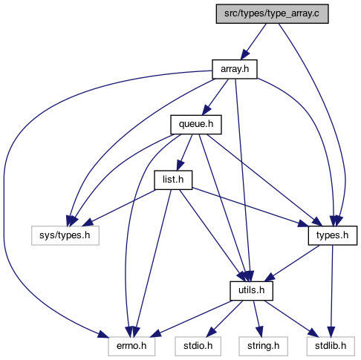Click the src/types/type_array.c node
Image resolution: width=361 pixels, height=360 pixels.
coord(272,14)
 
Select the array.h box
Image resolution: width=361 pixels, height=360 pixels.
coord(235,69)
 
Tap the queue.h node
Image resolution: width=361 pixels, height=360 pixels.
coord(196,125)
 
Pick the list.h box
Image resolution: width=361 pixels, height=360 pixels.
coord(173,180)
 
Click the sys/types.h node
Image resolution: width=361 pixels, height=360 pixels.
coord(65,235)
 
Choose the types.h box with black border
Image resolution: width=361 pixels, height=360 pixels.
coord(333,235)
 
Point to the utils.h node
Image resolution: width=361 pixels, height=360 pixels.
coord(251,291)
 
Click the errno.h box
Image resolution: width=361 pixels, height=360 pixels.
coord(131,346)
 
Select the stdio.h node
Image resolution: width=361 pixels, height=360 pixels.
coord(198,346)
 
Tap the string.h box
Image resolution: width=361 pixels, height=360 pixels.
coord(263,346)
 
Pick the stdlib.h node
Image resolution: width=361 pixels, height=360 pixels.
coord(331,346)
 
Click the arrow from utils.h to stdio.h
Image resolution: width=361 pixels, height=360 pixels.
coord(224,318)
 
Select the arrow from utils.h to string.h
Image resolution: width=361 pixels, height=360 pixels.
coord(257,318)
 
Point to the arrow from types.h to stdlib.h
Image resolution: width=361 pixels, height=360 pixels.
coord(332,291)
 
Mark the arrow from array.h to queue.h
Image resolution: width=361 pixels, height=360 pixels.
coord(215,97)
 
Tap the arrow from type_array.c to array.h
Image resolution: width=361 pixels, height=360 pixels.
coord(253,42)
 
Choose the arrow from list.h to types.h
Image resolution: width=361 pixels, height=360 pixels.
coord(250,207)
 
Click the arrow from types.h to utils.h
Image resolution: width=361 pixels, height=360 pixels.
coord(292,264)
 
